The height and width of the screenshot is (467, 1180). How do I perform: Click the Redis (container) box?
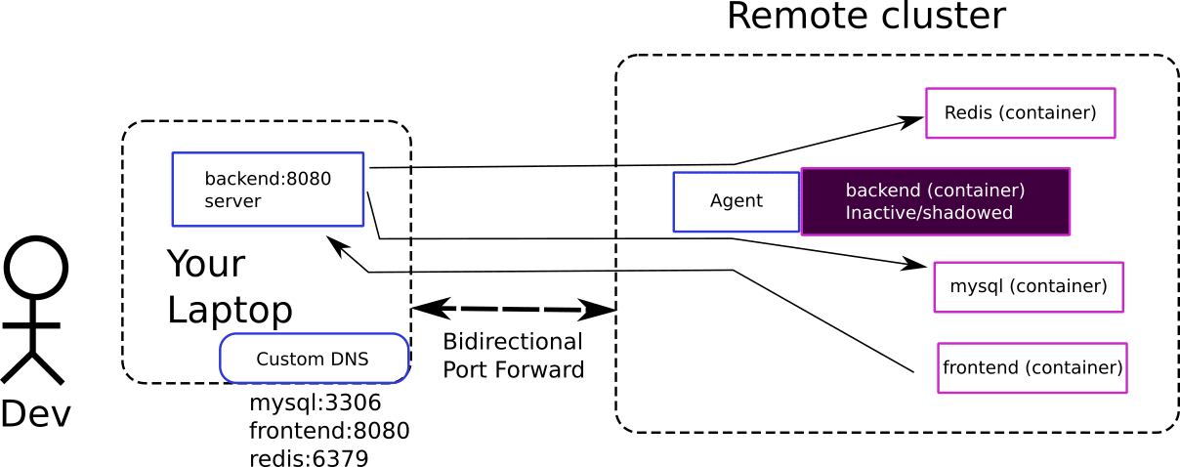pyautogui.click(x=1020, y=113)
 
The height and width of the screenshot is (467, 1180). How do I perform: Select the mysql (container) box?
pyautogui.click(x=1028, y=287)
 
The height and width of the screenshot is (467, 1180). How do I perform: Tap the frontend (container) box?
pyautogui.click(x=1032, y=368)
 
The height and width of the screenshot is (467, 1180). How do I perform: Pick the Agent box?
pyautogui.click(x=736, y=202)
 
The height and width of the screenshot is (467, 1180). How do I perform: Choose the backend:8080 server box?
pyautogui.click(x=268, y=190)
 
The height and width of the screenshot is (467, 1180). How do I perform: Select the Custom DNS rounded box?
pyautogui.click(x=314, y=359)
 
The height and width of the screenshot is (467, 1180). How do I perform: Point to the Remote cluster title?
pyautogui.click(x=865, y=17)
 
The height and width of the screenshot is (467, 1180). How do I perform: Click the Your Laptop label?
pyautogui.click(x=230, y=287)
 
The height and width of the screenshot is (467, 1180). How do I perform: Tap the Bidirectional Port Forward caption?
pyautogui.click(x=513, y=356)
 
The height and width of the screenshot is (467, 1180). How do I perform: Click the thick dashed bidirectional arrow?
pyautogui.click(x=514, y=310)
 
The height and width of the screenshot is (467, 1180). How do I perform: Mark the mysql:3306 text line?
pyautogui.click(x=315, y=403)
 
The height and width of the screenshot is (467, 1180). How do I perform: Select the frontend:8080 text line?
pyautogui.click(x=329, y=431)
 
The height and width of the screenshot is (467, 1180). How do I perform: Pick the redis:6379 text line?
pyautogui.click(x=309, y=458)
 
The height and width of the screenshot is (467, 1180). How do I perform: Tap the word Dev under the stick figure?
pyautogui.click(x=35, y=414)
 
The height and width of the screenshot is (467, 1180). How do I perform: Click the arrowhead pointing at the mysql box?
pyautogui.click(x=916, y=264)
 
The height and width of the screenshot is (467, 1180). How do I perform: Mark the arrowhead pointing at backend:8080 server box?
pyautogui.click(x=336, y=242)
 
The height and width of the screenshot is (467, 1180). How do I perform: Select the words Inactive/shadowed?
pyautogui.click(x=929, y=212)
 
